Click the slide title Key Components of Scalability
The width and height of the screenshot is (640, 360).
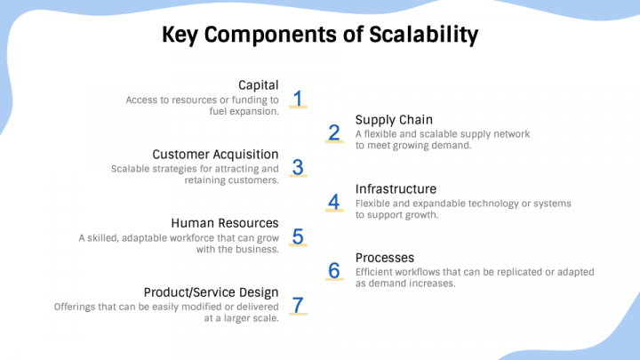coord(320,35)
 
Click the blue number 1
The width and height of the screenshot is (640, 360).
coord(299,98)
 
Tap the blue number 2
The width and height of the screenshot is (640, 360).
coord(334,132)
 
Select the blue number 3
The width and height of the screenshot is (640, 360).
coord(299,166)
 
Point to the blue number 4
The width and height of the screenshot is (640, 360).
coord(334,202)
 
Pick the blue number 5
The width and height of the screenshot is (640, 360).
coord(299,236)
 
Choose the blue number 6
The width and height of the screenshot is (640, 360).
coord(334,270)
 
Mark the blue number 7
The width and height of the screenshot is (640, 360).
coord(299,305)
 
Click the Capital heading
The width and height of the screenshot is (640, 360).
coord(259,85)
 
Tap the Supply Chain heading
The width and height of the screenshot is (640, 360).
coord(394,120)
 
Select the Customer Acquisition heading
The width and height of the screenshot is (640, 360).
coord(215,155)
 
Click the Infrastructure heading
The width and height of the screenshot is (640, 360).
coord(396,189)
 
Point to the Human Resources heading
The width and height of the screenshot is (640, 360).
coord(224,223)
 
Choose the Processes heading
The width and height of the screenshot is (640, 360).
coord(385,258)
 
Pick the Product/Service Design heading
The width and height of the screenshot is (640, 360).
coord(212,292)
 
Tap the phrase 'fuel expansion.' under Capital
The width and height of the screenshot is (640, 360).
coord(244,112)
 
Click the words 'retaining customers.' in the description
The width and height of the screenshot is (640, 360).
coord(232,180)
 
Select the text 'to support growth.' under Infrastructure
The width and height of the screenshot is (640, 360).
coord(396,215)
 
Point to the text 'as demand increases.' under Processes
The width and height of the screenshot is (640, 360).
coord(405,284)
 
